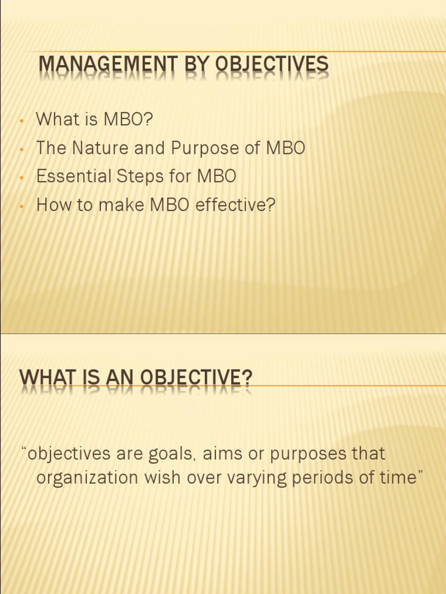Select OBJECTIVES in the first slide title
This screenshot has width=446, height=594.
(272, 66)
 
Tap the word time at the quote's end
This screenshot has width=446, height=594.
(400, 478)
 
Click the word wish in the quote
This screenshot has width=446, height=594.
(164, 478)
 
